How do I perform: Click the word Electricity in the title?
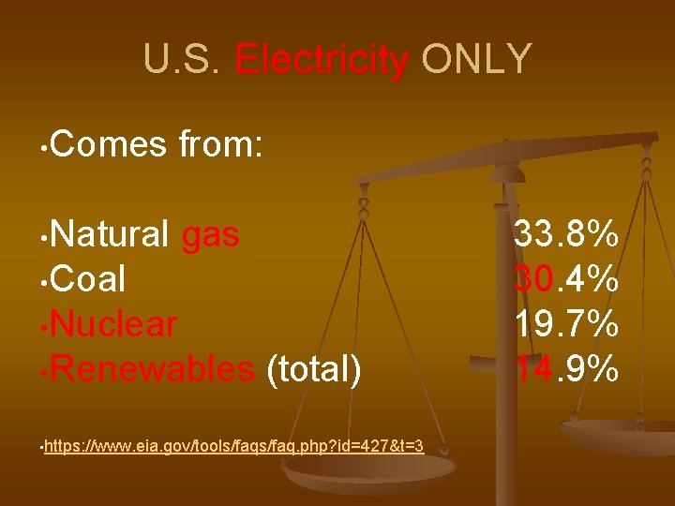pyautogui.click(x=322, y=60)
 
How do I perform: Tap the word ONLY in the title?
pyautogui.click(x=476, y=60)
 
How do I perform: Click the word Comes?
pyautogui.click(x=107, y=145)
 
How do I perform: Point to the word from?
pyautogui.click(x=219, y=145)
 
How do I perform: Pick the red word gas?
pyautogui.click(x=211, y=235)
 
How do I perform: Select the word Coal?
pyautogui.click(x=89, y=280)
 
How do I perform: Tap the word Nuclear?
pyautogui.click(x=114, y=325)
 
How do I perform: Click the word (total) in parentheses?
pyautogui.click(x=315, y=370)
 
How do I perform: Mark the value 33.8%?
pyautogui.click(x=565, y=235)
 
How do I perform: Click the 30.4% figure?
pyautogui.click(x=565, y=280)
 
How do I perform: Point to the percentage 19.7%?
pyautogui.click(x=565, y=325)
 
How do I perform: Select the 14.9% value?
pyautogui.click(x=565, y=370)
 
